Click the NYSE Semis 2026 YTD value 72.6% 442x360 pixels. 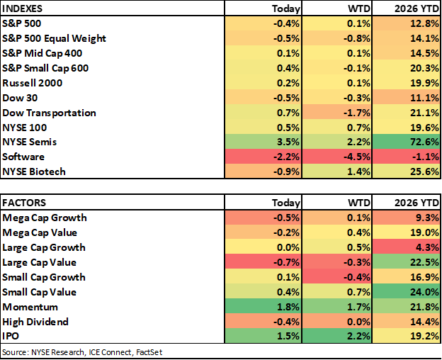point(424,142)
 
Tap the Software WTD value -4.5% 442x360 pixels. point(356,157)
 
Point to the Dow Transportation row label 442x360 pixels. point(49,113)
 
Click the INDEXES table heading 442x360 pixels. point(22,9)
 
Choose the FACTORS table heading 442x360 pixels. point(24,203)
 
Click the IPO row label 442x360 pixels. point(11,336)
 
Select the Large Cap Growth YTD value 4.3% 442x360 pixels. point(427,247)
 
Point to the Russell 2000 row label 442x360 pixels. point(32,83)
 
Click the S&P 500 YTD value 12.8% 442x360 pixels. point(424,23)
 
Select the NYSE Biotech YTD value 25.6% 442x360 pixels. point(424,171)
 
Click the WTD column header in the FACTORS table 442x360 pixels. point(359,203)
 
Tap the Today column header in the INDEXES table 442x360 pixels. point(286,9)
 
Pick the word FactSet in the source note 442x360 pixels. point(149,352)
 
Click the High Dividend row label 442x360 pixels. point(35,322)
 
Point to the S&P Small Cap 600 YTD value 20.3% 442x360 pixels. point(424,68)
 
